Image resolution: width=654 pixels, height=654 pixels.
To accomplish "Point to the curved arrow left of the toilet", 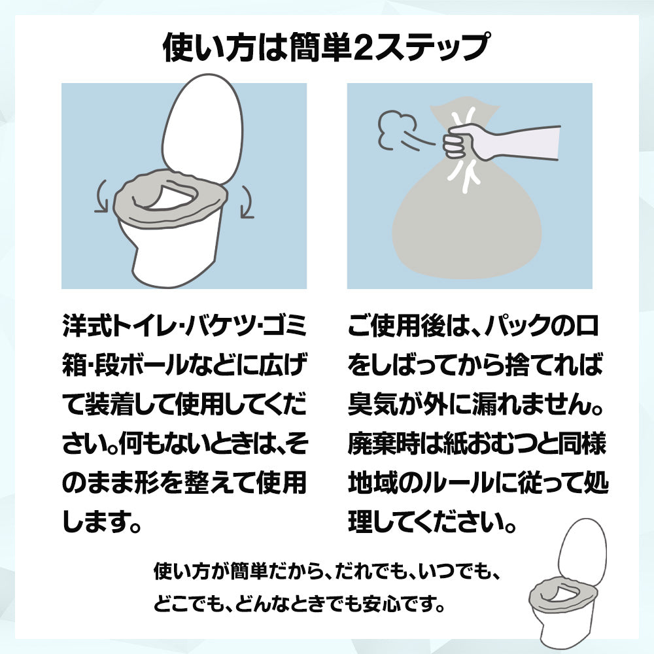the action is click(x=101, y=196).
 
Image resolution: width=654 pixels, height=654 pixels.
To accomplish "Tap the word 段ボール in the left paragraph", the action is click(x=141, y=365).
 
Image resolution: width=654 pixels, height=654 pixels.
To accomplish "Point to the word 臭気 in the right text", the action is click(x=373, y=404).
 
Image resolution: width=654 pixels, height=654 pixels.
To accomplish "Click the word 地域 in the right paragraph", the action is click(x=373, y=483).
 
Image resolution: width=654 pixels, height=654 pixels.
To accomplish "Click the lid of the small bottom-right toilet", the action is click(x=582, y=550).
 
